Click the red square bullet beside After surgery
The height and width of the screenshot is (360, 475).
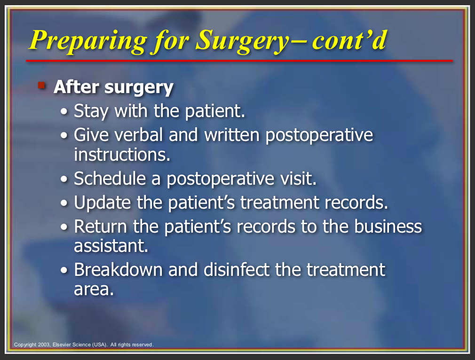(x=41, y=85)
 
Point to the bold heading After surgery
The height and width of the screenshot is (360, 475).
(x=114, y=87)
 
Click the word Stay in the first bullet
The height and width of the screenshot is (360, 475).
(x=91, y=111)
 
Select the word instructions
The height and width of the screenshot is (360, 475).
(x=122, y=155)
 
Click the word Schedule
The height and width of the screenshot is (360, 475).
(x=110, y=178)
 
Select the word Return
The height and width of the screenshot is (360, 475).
(x=101, y=227)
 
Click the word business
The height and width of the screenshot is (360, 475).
(x=388, y=227)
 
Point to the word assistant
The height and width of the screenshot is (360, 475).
(x=111, y=245)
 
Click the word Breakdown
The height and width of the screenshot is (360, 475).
(x=119, y=269)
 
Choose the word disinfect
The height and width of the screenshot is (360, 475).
(x=237, y=269)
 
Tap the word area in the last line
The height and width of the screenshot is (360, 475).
(x=94, y=290)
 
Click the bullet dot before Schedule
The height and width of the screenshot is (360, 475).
(x=64, y=179)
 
